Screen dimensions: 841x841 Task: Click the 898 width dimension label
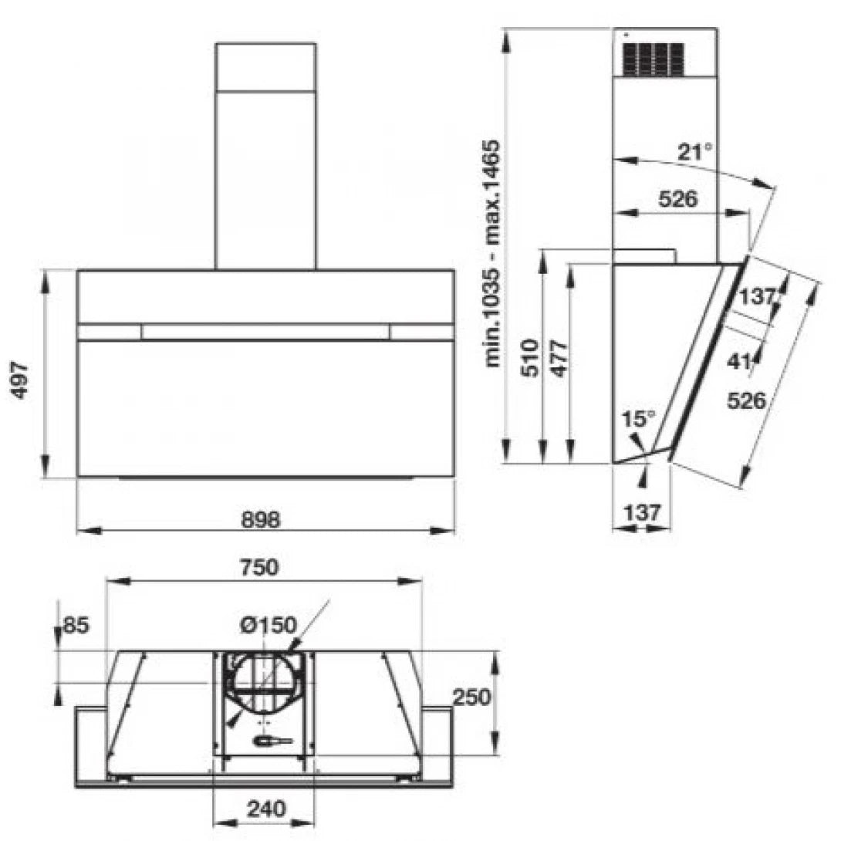coord(261,519)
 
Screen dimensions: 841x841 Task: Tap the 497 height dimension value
coord(20,380)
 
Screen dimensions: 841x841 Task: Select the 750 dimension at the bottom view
coord(259,567)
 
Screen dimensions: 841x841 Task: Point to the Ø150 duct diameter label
coord(269,625)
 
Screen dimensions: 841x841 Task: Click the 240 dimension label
coord(266,809)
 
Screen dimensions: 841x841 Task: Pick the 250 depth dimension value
coord(472,697)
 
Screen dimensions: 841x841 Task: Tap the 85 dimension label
coord(76,625)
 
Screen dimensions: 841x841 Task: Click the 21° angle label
coord(695,152)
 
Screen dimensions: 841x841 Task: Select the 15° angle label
coord(638,419)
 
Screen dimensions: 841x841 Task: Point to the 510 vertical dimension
coord(531,358)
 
